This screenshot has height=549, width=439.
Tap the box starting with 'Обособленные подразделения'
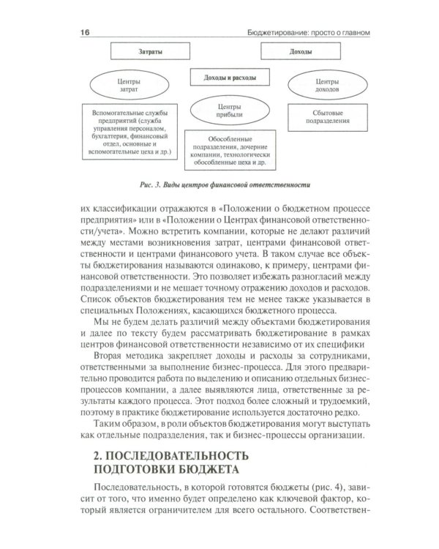229,149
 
